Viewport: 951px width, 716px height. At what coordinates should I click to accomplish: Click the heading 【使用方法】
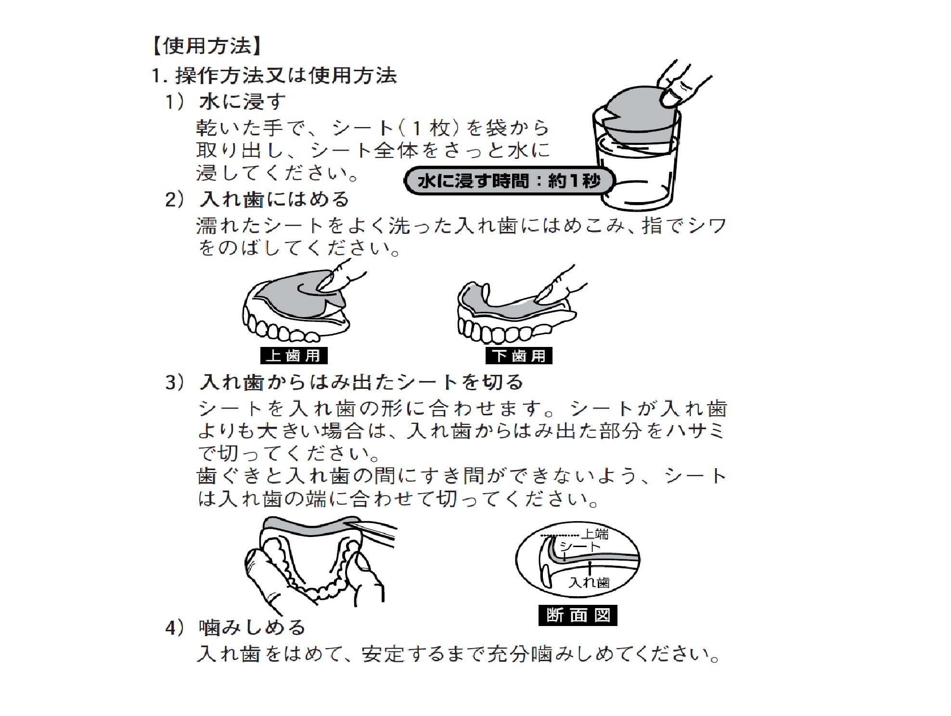tap(207, 46)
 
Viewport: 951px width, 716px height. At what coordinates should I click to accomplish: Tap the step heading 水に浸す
tap(243, 102)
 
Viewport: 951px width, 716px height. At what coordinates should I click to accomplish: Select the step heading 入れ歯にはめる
tap(275, 199)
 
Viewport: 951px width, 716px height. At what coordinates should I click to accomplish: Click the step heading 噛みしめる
tap(253, 627)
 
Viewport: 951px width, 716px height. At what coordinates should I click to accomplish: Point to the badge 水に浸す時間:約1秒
tap(509, 181)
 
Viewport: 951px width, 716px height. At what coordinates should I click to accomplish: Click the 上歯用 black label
tap(294, 356)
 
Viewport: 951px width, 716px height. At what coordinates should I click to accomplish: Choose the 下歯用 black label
tap(519, 356)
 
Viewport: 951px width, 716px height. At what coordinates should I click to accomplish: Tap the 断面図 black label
tap(578, 615)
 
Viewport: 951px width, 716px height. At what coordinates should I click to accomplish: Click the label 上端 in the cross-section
tap(595, 534)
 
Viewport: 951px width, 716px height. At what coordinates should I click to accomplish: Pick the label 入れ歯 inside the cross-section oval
tap(589, 582)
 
